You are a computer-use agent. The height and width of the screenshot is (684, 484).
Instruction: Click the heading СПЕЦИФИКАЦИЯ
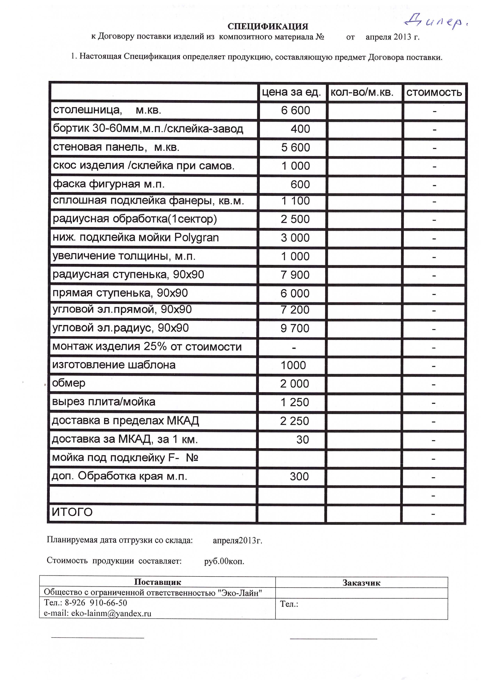coord(268,27)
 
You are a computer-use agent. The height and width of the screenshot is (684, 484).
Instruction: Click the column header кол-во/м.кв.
coord(362,93)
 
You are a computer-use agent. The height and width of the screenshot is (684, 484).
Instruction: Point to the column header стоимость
coord(434,93)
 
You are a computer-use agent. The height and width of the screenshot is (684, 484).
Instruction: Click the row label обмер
coord(69,383)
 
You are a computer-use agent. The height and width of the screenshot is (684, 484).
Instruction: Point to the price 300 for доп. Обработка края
coord(299,476)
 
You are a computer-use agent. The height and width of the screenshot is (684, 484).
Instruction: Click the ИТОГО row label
coord(72,512)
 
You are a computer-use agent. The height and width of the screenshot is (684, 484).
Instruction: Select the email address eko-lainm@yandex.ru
coord(98,613)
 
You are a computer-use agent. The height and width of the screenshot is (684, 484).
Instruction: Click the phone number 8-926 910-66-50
coord(96,603)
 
